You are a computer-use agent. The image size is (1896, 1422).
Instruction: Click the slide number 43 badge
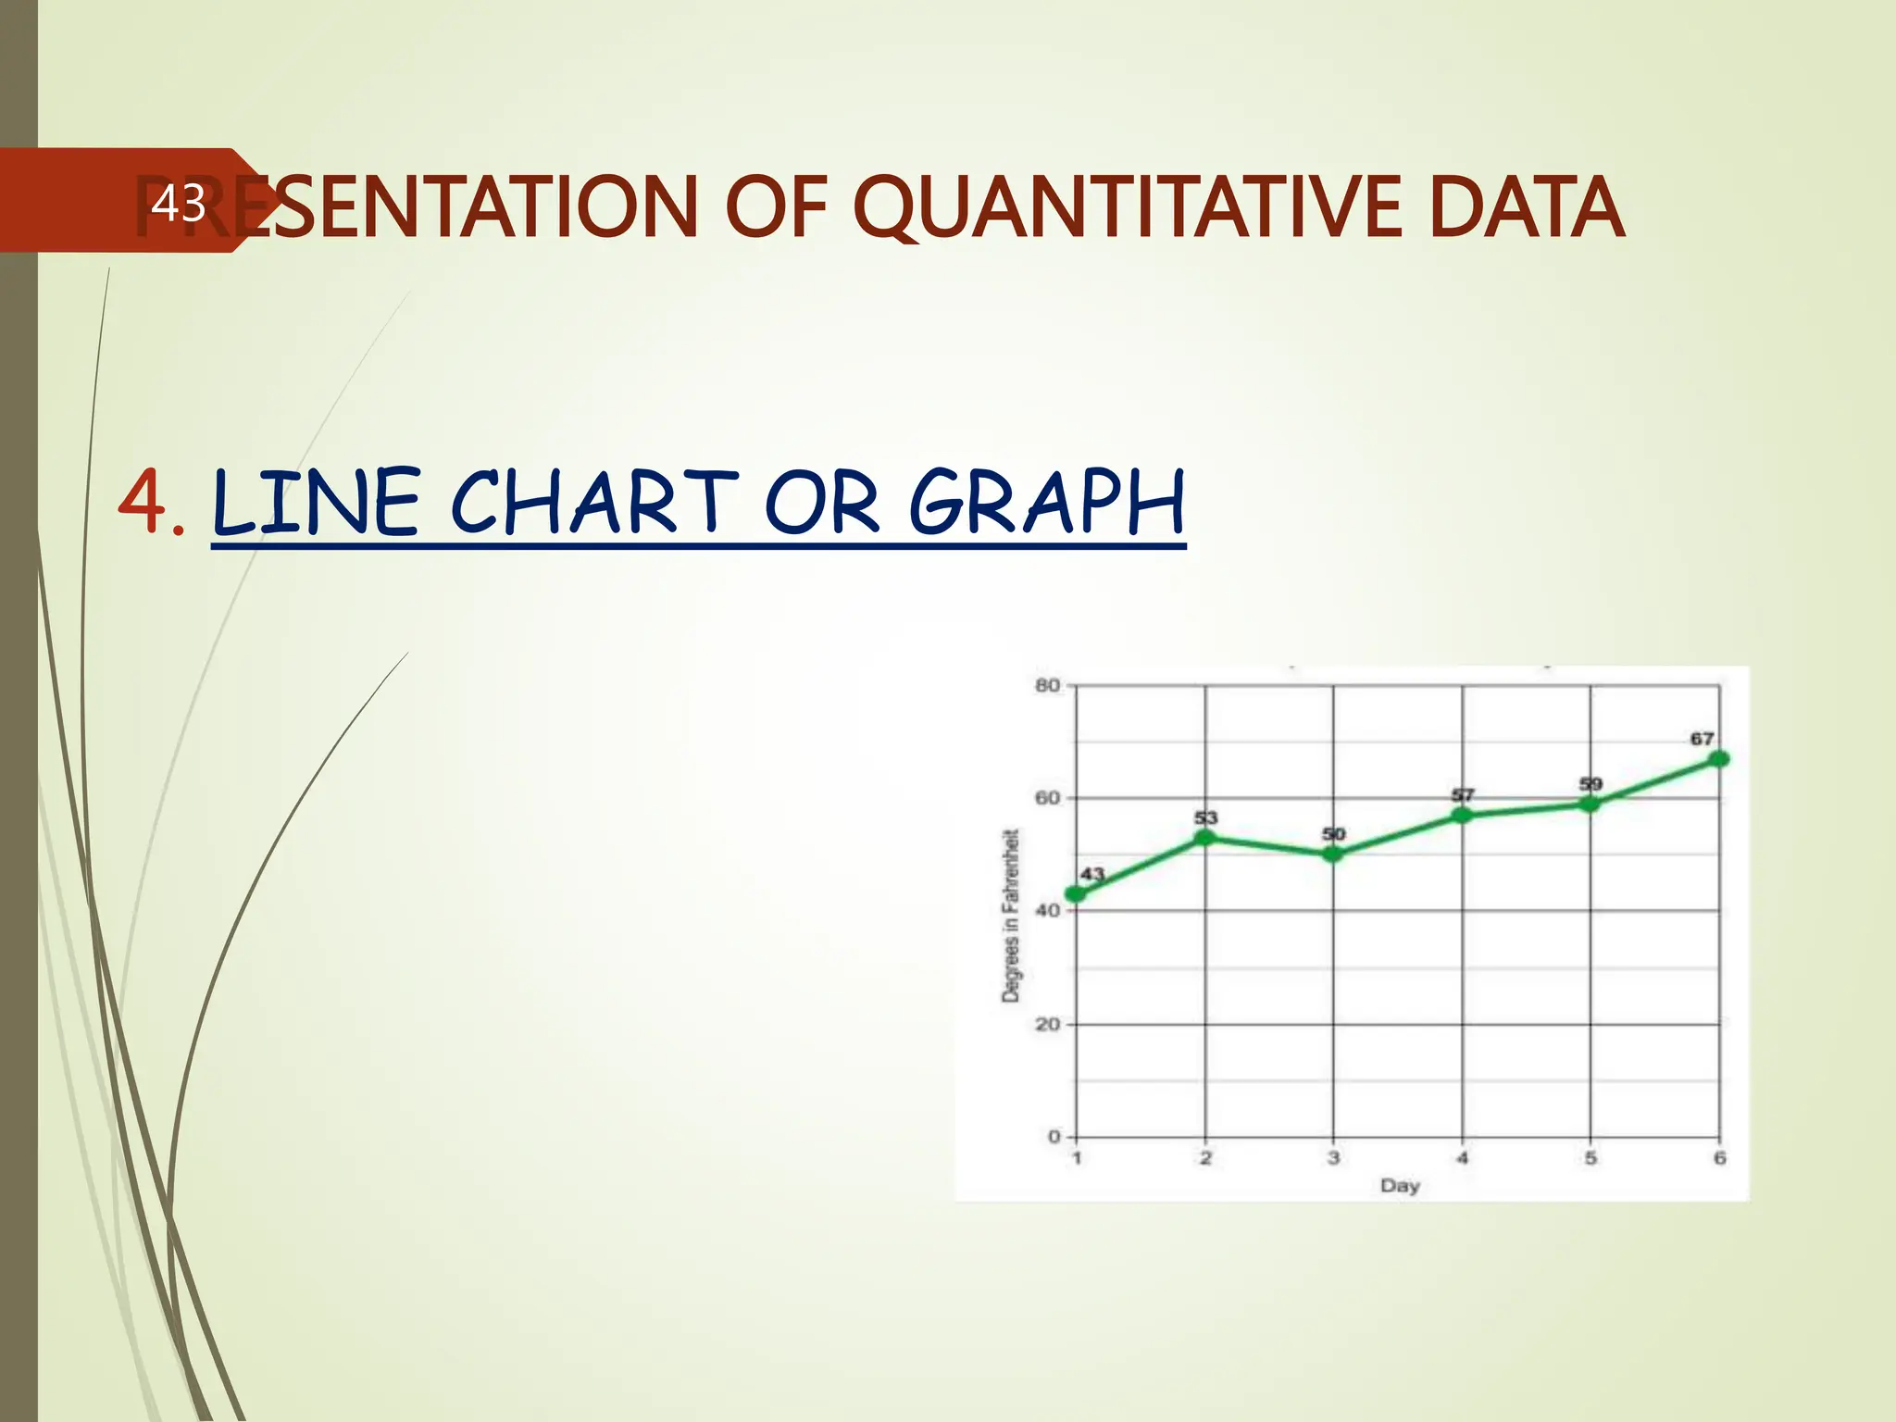pyautogui.click(x=178, y=203)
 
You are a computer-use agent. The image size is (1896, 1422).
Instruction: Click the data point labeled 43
pyautogui.click(x=1076, y=893)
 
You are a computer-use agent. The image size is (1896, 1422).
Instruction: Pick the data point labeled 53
pyautogui.click(x=1204, y=837)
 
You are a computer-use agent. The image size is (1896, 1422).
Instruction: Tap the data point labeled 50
pyautogui.click(x=1333, y=854)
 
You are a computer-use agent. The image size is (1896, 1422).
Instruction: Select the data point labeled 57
pyautogui.click(x=1462, y=815)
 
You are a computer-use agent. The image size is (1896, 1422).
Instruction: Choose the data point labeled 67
pyautogui.click(x=1719, y=758)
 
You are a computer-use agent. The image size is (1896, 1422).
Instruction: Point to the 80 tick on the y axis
pyautogui.click(x=1048, y=686)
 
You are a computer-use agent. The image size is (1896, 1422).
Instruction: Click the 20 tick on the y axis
pyautogui.click(x=1048, y=1024)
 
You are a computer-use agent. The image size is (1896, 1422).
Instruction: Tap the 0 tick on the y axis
pyautogui.click(x=1054, y=1136)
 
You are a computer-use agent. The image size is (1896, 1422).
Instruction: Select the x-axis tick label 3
pyautogui.click(x=1333, y=1157)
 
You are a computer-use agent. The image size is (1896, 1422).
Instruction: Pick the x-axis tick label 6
pyautogui.click(x=1719, y=1157)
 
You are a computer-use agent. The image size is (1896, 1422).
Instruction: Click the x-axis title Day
pyautogui.click(x=1400, y=1185)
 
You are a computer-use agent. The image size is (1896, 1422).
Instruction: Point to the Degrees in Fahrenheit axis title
pyautogui.click(x=1011, y=915)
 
